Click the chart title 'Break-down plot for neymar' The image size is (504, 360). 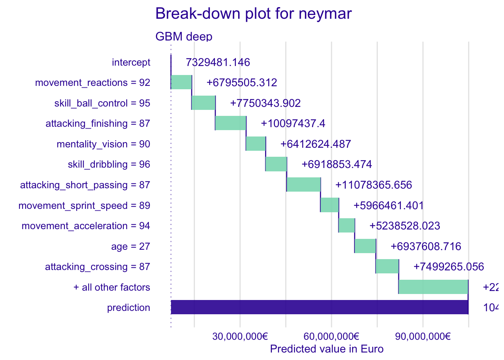click(253, 14)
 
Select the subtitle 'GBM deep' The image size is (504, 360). click(184, 37)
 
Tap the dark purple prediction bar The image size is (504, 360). click(319, 307)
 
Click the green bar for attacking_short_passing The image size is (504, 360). click(304, 184)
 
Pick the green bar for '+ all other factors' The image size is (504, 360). click(433, 287)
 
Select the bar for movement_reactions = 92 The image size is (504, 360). click(181, 82)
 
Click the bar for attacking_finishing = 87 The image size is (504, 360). click(231, 123)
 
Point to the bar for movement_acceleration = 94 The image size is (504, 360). click(346, 225)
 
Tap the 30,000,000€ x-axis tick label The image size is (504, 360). click(240, 336)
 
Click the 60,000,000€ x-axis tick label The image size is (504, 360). click(331, 336)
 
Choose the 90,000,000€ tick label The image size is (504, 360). click(423, 336)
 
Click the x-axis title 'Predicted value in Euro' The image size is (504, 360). click(327, 349)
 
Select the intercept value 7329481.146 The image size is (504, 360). click(218, 62)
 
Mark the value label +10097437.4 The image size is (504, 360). click(293, 123)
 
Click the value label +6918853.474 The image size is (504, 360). click(337, 164)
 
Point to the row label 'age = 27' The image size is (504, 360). click(130, 246)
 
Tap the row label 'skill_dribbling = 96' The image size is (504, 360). click(109, 164)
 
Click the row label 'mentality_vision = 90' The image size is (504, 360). click(103, 144)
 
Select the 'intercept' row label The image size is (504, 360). click(131, 62)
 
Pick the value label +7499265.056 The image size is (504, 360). click(448, 267)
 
